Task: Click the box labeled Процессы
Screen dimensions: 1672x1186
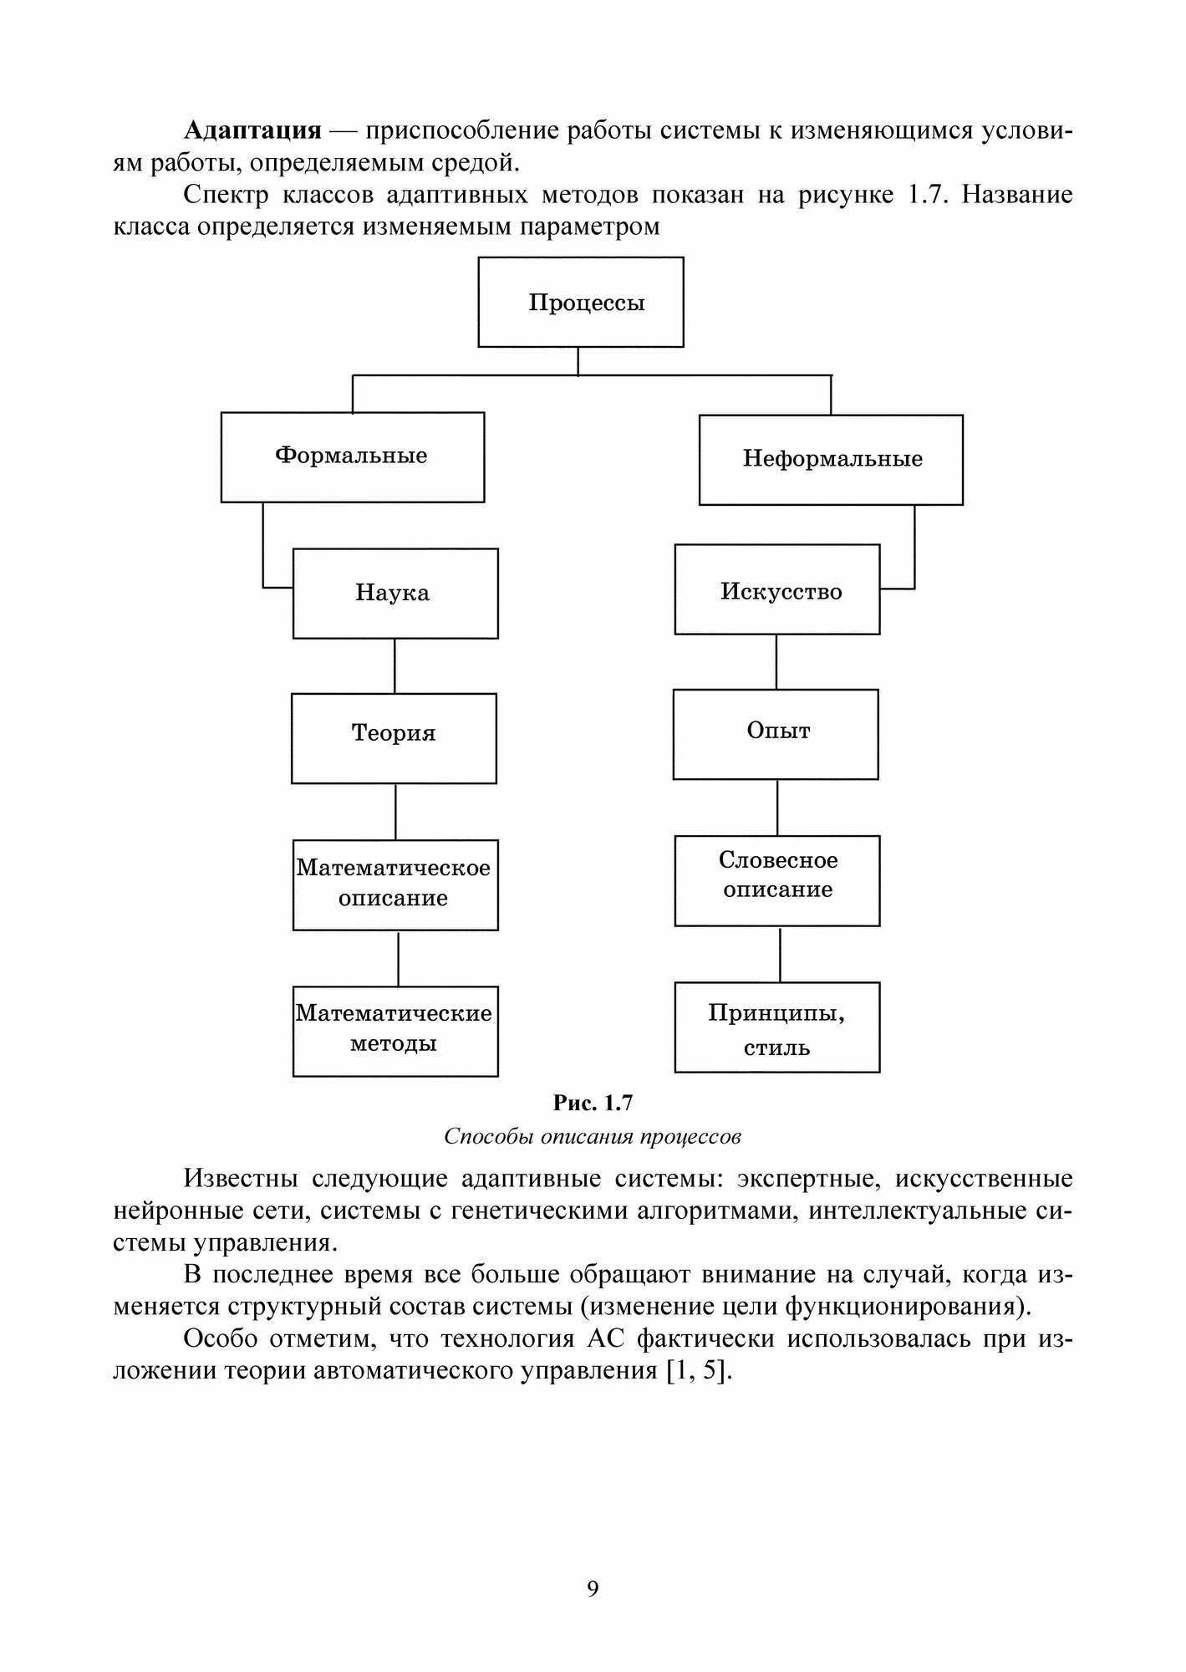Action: [581, 302]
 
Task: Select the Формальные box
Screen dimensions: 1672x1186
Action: [352, 456]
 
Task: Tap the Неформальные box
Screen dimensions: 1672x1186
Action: [831, 459]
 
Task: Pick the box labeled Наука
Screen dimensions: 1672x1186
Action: [394, 594]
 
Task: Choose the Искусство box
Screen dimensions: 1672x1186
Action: [776, 590]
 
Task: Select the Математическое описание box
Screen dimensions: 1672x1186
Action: [394, 884]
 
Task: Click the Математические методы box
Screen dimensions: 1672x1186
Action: [394, 1031]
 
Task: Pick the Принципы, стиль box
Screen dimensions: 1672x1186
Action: [776, 1027]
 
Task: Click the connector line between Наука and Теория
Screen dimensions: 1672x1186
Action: [394, 665]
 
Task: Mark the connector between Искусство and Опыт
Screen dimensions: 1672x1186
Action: [776, 661]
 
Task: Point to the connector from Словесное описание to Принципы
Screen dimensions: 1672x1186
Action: [780, 954]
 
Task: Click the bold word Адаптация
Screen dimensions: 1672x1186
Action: [252, 130]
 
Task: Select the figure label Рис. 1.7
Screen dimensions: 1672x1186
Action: [593, 1104]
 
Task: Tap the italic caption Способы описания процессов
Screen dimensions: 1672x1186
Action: [593, 1137]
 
